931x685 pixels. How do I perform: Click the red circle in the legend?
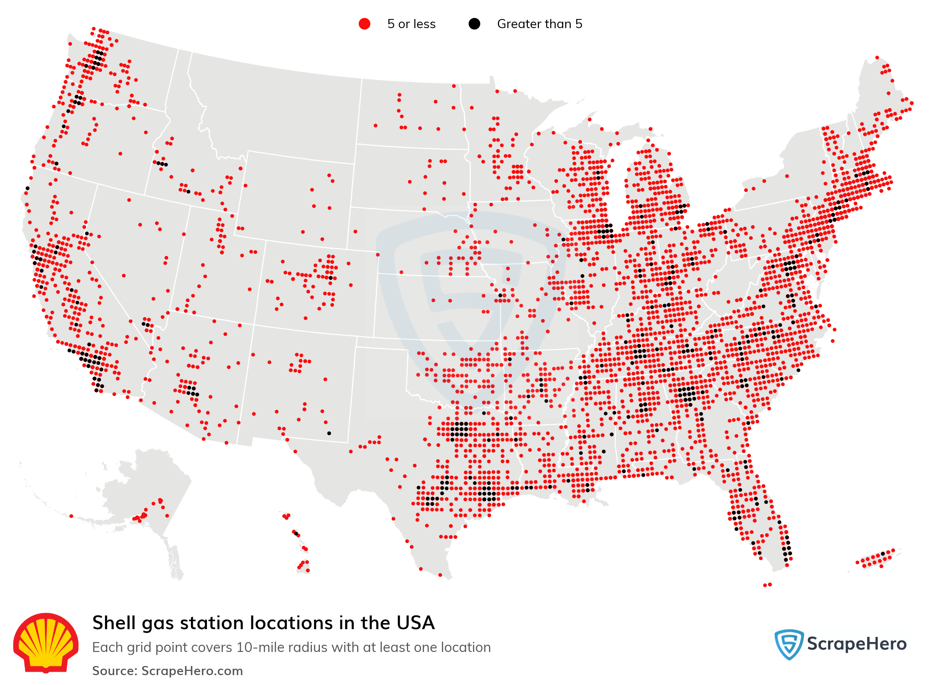tap(364, 24)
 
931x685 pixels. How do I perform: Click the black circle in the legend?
tap(474, 24)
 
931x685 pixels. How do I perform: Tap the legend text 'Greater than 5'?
tap(539, 24)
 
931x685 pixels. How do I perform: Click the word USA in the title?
tap(415, 623)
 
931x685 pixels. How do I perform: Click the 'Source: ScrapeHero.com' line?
tap(167, 671)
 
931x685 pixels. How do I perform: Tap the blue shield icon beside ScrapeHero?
tap(789, 644)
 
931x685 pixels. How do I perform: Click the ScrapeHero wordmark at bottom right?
tap(856, 644)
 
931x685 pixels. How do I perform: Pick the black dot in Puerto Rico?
tap(882, 554)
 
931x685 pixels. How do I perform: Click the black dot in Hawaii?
tap(296, 534)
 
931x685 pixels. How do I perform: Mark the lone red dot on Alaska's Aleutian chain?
tap(71, 516)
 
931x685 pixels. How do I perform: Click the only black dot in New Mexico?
tap(329, 433)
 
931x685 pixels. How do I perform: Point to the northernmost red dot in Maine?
tap(877, 58)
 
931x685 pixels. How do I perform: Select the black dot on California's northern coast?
tap(27, 188)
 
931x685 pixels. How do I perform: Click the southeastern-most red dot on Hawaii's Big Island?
tap(308, 571)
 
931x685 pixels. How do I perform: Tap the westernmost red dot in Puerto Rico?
tap(857, 563)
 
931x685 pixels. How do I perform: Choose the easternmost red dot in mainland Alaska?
tap(167, 516)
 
